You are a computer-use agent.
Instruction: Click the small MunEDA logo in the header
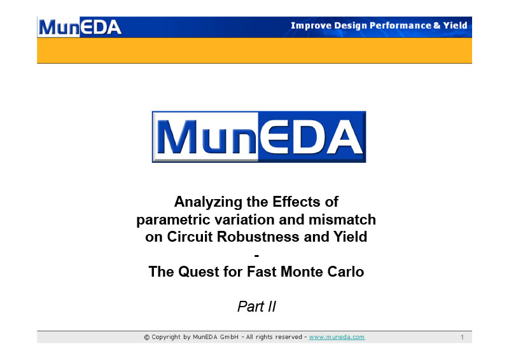click(x=80, y=27)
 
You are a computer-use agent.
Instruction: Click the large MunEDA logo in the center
click(x=259, y=137)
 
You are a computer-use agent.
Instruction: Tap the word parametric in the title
click(x=173, y=220)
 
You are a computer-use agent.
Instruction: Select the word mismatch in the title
click(x=342, y=219)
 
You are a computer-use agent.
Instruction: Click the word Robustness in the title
click(x=258, y=237)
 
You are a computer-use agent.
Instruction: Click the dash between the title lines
click(x=256, y=256)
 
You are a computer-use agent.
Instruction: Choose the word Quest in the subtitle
click(x=199, y=272)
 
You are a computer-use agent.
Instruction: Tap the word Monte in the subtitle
click(x=302, y=272)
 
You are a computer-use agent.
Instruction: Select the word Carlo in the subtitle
click(x=345, y=272)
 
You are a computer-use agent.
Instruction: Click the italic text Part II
click(x=256, y=307)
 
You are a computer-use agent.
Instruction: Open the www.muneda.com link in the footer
click(x=337, y=337)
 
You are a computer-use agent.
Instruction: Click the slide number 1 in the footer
click(x=462, y=338)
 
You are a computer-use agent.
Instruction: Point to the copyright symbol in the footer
click(x=147, y=338)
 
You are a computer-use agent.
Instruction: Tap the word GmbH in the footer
click(x=229, y=337)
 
